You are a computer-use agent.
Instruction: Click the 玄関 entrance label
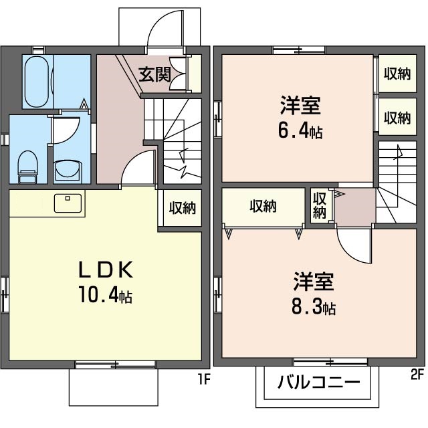154,74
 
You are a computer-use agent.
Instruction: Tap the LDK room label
107,270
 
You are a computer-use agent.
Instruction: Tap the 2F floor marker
417,373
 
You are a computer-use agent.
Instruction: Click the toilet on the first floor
27,165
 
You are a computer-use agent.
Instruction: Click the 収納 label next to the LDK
181,208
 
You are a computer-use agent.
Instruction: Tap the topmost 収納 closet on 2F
397,74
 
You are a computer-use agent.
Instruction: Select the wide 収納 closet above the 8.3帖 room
263,207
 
